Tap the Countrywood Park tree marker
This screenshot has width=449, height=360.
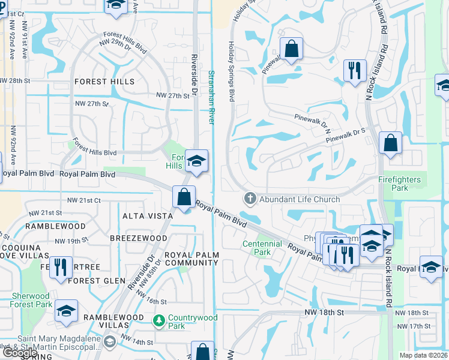158,322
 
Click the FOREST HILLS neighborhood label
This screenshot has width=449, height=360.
104,82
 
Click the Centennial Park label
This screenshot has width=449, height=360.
262,248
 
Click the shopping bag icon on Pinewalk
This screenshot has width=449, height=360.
291,50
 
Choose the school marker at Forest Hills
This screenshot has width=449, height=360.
196,161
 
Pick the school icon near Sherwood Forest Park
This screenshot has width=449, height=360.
66,311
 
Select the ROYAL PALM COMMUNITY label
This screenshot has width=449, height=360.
191,259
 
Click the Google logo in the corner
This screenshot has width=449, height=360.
19,353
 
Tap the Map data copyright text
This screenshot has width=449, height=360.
424,355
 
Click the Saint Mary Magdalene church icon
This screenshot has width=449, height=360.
109,342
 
